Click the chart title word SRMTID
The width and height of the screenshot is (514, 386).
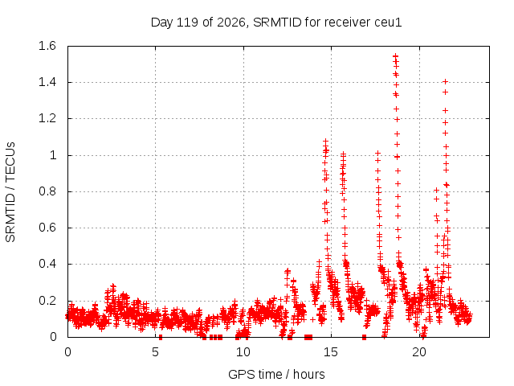pos(277,23)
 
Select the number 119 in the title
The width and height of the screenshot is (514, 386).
pos(187,23)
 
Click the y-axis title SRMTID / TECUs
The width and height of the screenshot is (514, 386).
pos(10,192)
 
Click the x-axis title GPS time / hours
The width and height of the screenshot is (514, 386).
pos(276,374)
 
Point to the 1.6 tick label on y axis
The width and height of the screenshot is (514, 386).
pos(47,46)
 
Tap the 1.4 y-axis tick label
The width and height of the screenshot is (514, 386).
pos(47,82)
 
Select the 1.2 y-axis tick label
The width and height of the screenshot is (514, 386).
pos(47,118)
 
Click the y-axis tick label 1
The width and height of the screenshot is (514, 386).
pos(53,155)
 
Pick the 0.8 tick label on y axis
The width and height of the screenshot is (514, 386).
pos(47,191)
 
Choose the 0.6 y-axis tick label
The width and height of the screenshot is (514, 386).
pos(47,228)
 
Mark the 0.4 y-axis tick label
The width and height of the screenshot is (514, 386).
pos(47,264)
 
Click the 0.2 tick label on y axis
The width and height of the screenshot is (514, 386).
pos(47,300)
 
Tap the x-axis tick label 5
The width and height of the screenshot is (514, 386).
pos(155,352)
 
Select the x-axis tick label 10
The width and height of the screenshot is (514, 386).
pos(243,352)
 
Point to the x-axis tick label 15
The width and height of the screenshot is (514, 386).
pos(331,352)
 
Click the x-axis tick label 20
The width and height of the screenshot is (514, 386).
pos(419,352)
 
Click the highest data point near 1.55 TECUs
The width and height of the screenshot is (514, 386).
pos(396,55)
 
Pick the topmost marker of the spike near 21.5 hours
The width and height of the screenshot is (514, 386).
pos(445,81)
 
